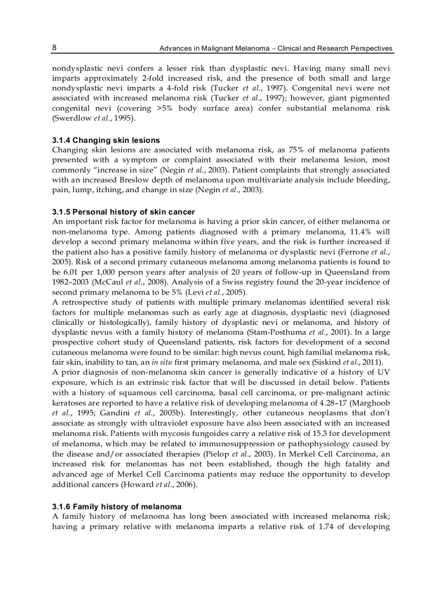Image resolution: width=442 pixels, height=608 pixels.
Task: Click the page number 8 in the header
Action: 55,48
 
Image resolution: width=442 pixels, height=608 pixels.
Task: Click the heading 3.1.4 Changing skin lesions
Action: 106,140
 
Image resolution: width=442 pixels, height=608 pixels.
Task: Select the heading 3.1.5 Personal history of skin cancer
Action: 123,211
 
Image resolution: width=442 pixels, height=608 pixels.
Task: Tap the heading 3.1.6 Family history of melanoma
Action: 116,507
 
